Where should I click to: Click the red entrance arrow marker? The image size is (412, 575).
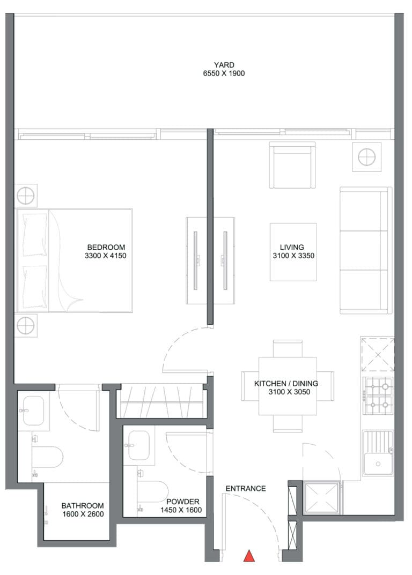249,556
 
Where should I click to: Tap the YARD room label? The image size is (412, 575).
224,65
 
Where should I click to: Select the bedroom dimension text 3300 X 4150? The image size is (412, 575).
105,256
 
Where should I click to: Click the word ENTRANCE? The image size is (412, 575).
246,489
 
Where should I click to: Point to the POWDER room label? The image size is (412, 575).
183,501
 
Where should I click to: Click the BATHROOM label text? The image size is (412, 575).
83,506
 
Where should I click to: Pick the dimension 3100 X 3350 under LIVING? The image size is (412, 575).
293,256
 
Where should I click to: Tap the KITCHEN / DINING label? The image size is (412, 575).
286,383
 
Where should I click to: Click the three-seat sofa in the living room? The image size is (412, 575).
366,250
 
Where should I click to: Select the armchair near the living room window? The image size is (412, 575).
292,165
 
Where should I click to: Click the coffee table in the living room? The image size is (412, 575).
293,252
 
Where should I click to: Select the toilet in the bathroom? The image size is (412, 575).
47,457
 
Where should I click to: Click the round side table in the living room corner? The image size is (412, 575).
366,157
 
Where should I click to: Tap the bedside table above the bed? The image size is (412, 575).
26,196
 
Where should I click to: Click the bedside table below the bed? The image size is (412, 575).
26,325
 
